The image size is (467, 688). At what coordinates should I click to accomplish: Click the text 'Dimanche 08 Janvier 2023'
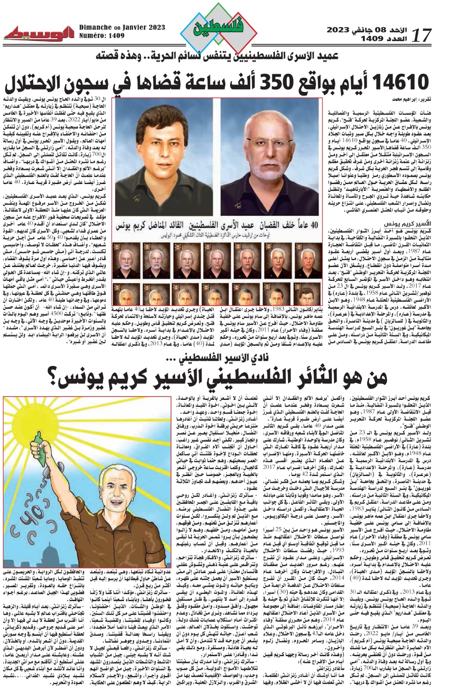[x=122, y=28]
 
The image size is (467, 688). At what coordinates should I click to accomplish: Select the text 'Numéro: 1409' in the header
[x=101, y=36]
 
